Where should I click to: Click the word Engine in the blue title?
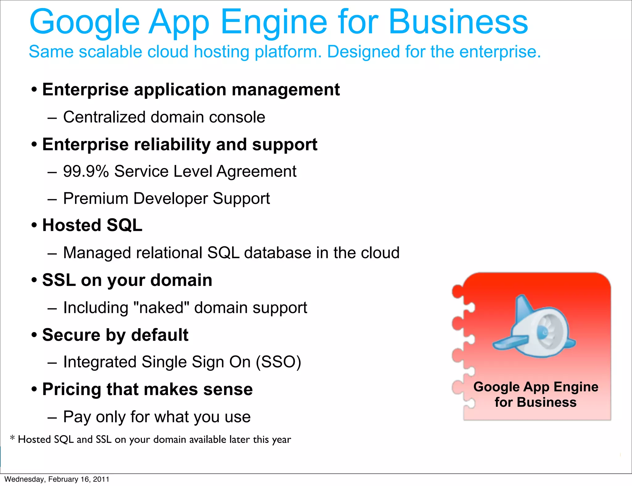point(273,22)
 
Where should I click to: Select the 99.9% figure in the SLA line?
point(86,171)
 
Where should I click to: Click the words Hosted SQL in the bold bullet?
point(92,225)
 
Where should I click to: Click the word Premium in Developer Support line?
point(96,198)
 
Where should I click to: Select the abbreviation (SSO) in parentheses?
point(278,362)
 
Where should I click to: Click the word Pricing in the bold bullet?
point(72,389)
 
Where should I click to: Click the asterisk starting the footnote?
point(12,438)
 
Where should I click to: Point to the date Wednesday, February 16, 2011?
point(57,479)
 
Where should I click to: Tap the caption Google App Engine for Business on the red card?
point(536,394)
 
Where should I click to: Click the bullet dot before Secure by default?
point(34,335)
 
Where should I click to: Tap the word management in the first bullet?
point(285,90)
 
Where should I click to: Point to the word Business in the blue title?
point(458,22)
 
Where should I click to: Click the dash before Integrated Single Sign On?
point(52,363)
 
